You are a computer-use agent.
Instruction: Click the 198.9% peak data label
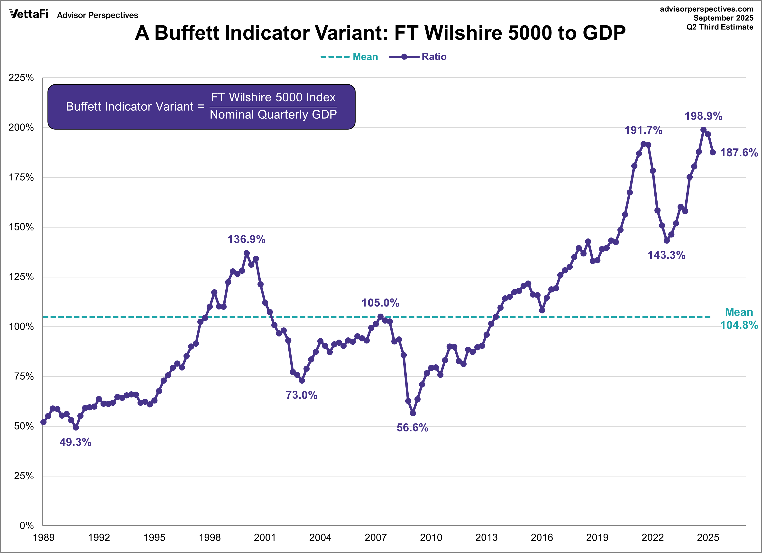click(x=703, y=116)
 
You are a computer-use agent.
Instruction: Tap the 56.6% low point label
click(x=412, y=428)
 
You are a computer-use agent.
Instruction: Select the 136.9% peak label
click(x=246, y=239)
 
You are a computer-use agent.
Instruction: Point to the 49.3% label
click(x=75, y=442)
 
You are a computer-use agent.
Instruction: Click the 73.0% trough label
click(x=301, y=395)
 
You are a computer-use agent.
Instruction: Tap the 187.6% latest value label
click(x=739, y=153)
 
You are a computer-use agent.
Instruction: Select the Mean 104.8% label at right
click(x=739, y=318)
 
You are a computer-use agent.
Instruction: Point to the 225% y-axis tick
click(x=21, y=78)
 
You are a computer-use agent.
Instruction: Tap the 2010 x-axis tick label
click(x=431, y=537)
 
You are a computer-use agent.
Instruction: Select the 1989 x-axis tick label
click(x=44, y=537)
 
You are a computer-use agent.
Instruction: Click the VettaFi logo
click(x=29, y=14)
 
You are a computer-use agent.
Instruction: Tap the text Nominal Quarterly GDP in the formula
click(x=273, y=115)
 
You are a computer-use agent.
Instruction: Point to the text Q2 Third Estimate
click(x=720, y=27)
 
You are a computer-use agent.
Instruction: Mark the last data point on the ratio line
click(x=713, y=152)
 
